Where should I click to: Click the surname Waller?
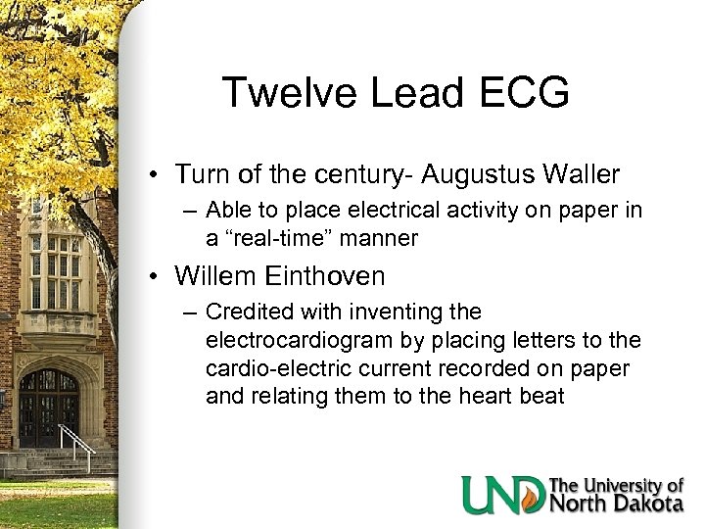584,175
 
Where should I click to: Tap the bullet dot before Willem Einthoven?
156,277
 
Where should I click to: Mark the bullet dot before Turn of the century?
156,175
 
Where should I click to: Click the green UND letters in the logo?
504,495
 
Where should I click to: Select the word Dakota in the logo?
646,505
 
